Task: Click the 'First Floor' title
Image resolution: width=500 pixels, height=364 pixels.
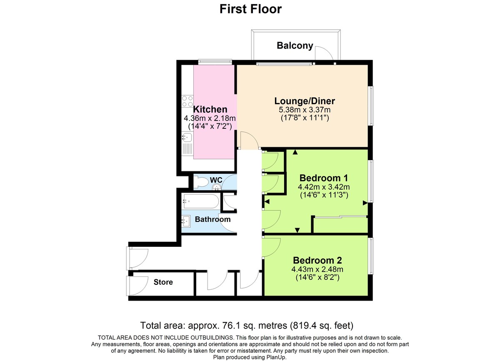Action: [x=250, y=9]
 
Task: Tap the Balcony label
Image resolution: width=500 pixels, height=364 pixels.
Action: [x=295, y=46]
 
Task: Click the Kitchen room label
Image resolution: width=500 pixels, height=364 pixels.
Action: [x=210, y=110]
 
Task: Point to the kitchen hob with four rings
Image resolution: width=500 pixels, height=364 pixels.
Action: [x=187, y=101]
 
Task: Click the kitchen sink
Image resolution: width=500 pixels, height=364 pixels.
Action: [x=186, y=137]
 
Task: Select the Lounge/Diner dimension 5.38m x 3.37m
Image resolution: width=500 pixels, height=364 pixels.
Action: [x=305, y=110]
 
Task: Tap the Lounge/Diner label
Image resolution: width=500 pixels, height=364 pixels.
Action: [x=305, y=101]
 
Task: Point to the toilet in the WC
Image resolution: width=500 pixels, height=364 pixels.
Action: [x=201, y=182]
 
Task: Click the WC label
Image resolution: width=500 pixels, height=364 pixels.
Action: [x=216, y=180]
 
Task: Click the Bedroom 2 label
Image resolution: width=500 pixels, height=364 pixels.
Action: [x=317, y=261]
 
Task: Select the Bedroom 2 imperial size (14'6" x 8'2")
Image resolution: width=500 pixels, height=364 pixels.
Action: [x=317, y=277]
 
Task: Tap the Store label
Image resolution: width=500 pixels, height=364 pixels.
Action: [x=163, y=282]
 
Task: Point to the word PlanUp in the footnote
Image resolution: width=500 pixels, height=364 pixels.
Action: [x=275, y=357]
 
